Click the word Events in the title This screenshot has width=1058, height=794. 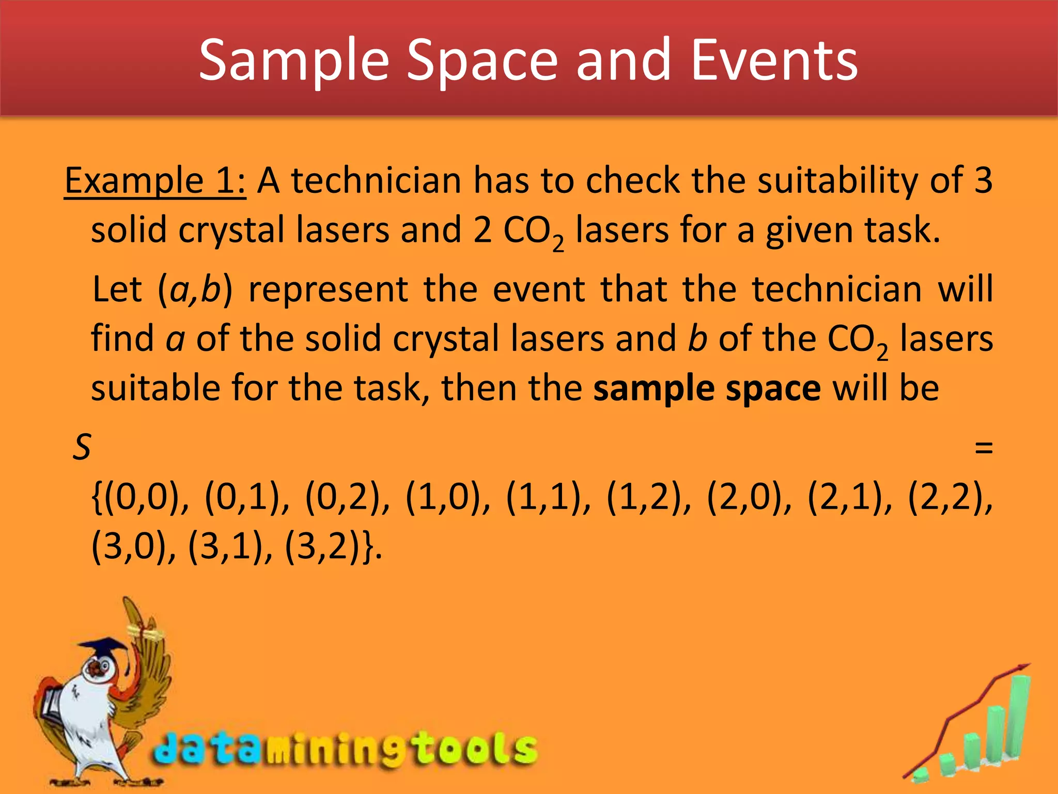pos(774,60)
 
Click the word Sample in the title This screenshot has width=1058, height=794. pos(293,60)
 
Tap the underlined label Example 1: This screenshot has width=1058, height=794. pos(155,181)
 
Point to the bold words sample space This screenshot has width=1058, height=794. pos(707,388)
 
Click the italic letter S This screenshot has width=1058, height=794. pos(82,447)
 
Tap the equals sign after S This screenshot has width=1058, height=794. pos(983,447)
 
